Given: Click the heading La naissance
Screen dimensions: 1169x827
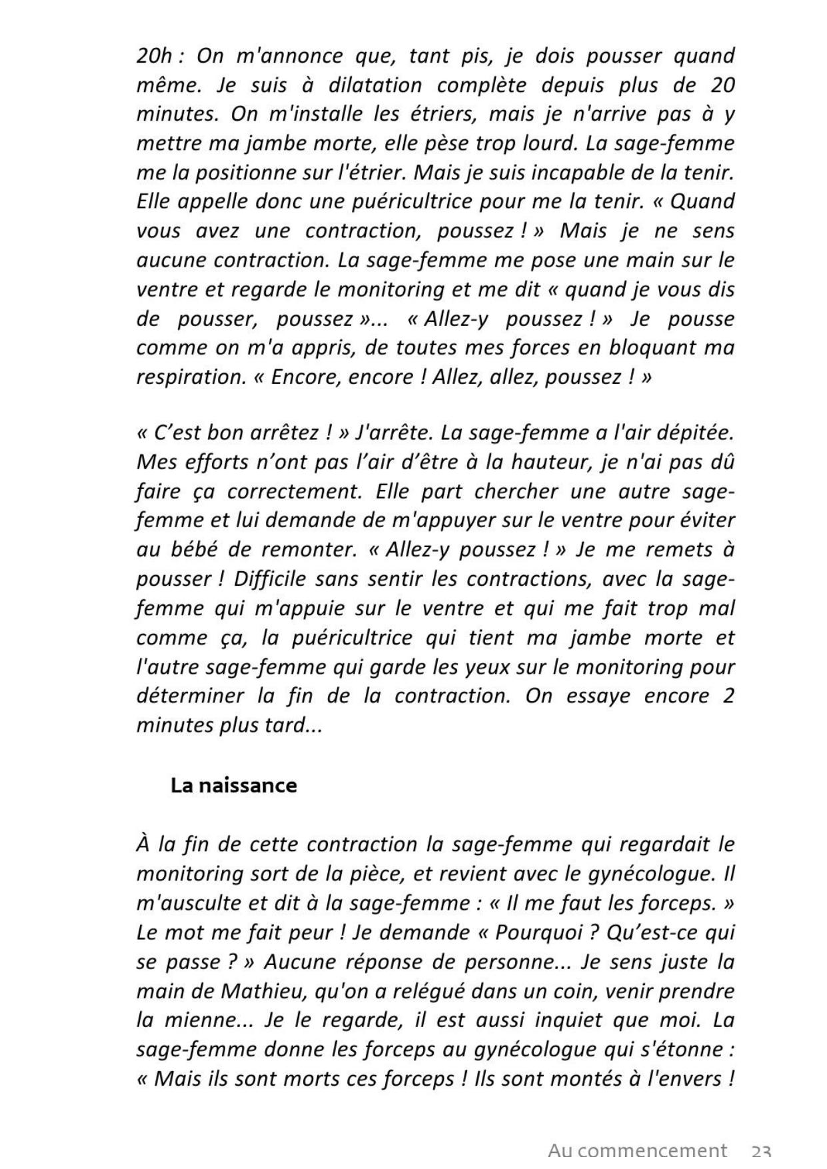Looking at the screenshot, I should pos(233,786).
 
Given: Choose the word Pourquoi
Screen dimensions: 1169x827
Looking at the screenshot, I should pos(540,933).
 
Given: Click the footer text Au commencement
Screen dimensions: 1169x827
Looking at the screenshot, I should pos(637,1151).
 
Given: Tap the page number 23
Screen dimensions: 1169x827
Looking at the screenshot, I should pos(761,1152).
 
